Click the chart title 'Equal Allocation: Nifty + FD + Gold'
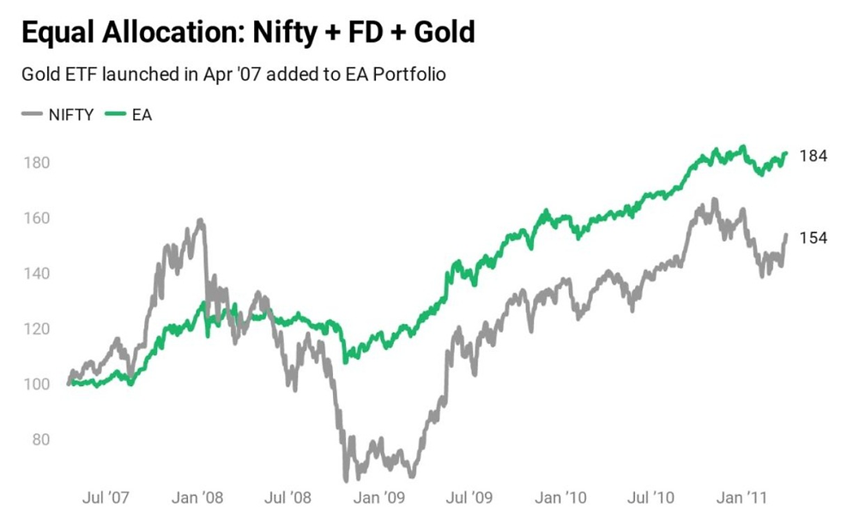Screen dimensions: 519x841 coord(248,33)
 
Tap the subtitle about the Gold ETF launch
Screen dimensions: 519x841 coord(233,74)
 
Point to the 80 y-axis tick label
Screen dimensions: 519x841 coord(38,440)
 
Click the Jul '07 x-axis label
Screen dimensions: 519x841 coord(106,498)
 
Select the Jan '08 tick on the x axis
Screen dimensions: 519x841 coord(199,498)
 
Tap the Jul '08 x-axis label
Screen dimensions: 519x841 coord(288,498)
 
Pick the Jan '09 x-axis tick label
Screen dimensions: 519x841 coord(381,498)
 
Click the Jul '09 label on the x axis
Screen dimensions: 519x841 coord(470,498)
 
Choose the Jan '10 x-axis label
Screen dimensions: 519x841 coord(562,498)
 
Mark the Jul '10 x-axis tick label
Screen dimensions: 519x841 coord(652,498)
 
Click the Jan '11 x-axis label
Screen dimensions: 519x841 coord(743,498)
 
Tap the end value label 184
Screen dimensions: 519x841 coord(813,156)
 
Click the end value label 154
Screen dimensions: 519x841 coord(813,238)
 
